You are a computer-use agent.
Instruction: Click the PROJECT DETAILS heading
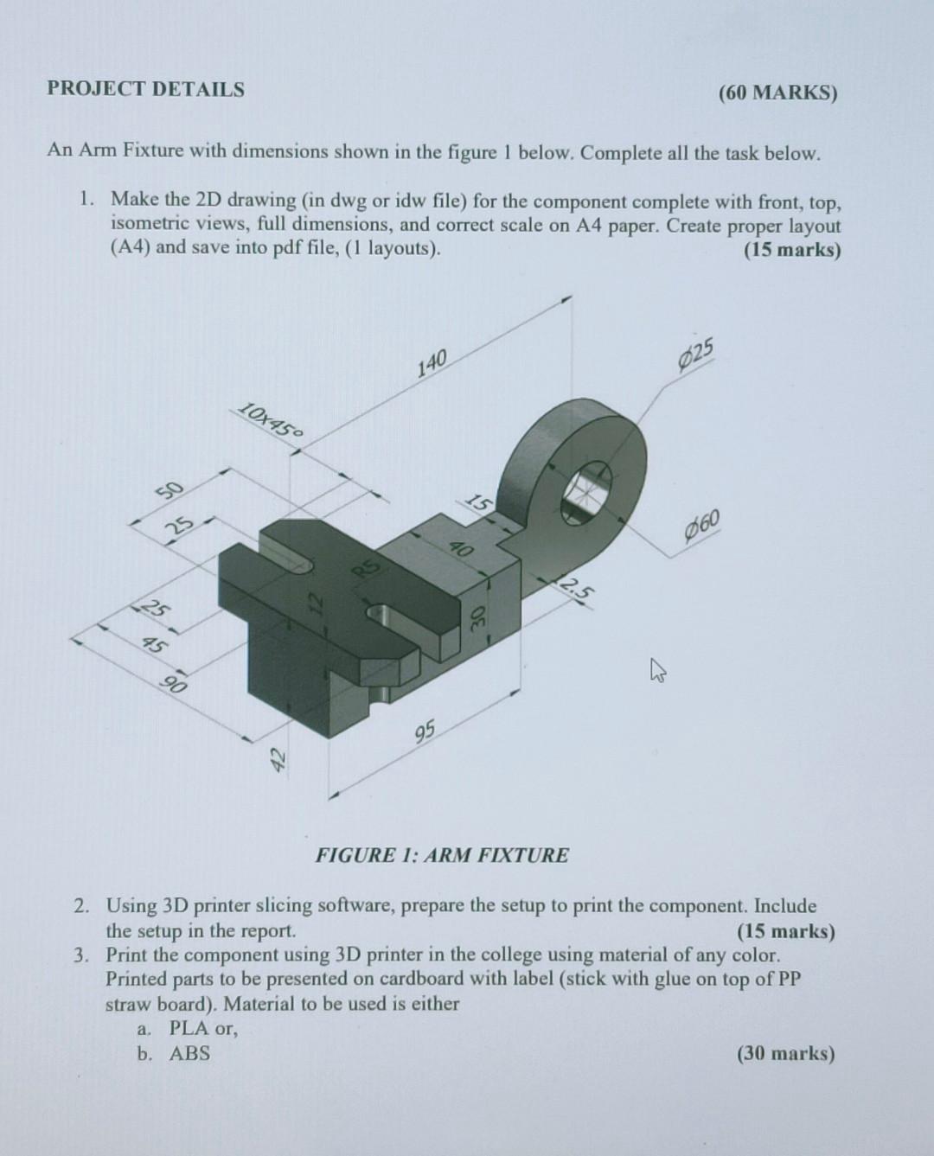tap(145, 89)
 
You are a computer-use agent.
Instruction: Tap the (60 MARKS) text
tap(777, 93)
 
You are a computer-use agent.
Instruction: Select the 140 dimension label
tap(432, 363)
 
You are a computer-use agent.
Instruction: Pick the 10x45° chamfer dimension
tap(270, 420)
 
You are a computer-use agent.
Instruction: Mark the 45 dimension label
tap(156, 644)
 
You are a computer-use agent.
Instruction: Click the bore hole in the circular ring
tap(588, 493)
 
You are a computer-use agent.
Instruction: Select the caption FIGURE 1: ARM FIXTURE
tap(442, 856)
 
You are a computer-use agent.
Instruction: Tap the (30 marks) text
tap(785, 1053)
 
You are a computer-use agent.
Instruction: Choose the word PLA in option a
tap(189, 1029)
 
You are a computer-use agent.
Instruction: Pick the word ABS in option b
tap(189, 1053)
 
